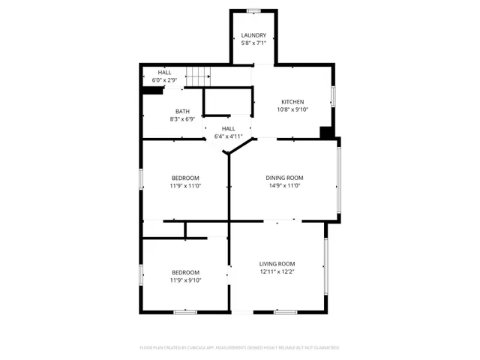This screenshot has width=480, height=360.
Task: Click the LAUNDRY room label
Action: click(253, 35)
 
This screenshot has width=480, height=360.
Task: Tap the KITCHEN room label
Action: click(292, 102)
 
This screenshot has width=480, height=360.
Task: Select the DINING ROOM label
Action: click(284, 178)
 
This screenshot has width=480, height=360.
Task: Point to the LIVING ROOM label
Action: click(277, 264)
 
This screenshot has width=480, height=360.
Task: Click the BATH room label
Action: click(183, 111)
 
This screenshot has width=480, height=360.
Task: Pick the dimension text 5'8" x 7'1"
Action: click(253, 43)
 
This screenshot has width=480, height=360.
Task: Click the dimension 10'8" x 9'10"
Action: click(292, 110)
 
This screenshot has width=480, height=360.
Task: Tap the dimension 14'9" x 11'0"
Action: click(284, 186)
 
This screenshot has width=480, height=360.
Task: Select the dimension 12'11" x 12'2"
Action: click(277, 272)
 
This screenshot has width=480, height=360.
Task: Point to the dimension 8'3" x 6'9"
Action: click(183, 119)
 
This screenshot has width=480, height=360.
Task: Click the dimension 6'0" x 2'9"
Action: click(164, 79)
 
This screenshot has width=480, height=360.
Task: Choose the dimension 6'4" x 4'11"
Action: click(228, 136)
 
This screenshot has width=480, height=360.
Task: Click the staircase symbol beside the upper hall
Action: click(199, 76)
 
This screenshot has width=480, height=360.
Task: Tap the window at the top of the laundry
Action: click(253, 10)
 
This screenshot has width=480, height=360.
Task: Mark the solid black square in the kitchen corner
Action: click(326, 133)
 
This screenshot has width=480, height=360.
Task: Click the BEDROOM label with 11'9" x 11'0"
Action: click(186, 178)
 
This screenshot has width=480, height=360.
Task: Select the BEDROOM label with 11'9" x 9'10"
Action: click(186, 272)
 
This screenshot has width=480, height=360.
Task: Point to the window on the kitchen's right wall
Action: click(334, 97)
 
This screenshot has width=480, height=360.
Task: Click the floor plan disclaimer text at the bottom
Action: click(239, 348)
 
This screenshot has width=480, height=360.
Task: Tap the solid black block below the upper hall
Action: click(153, 91)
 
